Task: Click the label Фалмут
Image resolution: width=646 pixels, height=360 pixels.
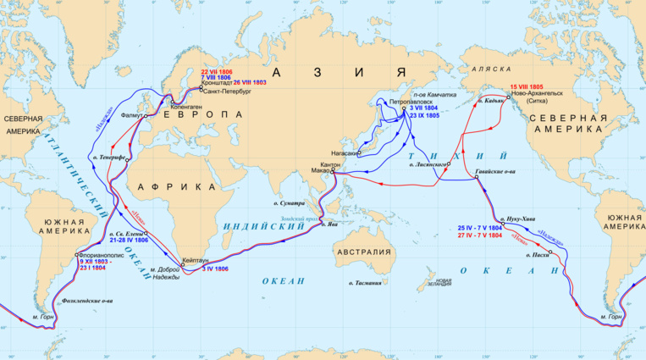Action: pyautogui.click(x=132, y=114)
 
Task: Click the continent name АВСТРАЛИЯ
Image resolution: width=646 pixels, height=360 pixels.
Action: pyautogui.click(x=362, y=252)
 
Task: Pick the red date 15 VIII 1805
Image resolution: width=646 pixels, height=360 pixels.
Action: pyautogui.click(x=533, y=86)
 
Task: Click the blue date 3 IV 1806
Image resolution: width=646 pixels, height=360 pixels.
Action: pyautogui.click(x=215, y=269)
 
